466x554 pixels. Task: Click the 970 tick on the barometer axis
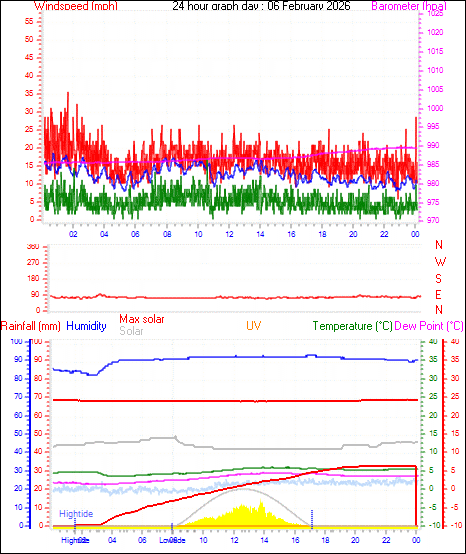(435, 219)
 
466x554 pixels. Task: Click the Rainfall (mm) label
(31, 326)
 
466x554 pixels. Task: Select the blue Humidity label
(87, 326)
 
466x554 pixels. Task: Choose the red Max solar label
(142, 319)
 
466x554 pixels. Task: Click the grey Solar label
(131, 331)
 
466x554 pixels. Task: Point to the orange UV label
(255, 326)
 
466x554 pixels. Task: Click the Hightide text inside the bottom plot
(76, 513)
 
